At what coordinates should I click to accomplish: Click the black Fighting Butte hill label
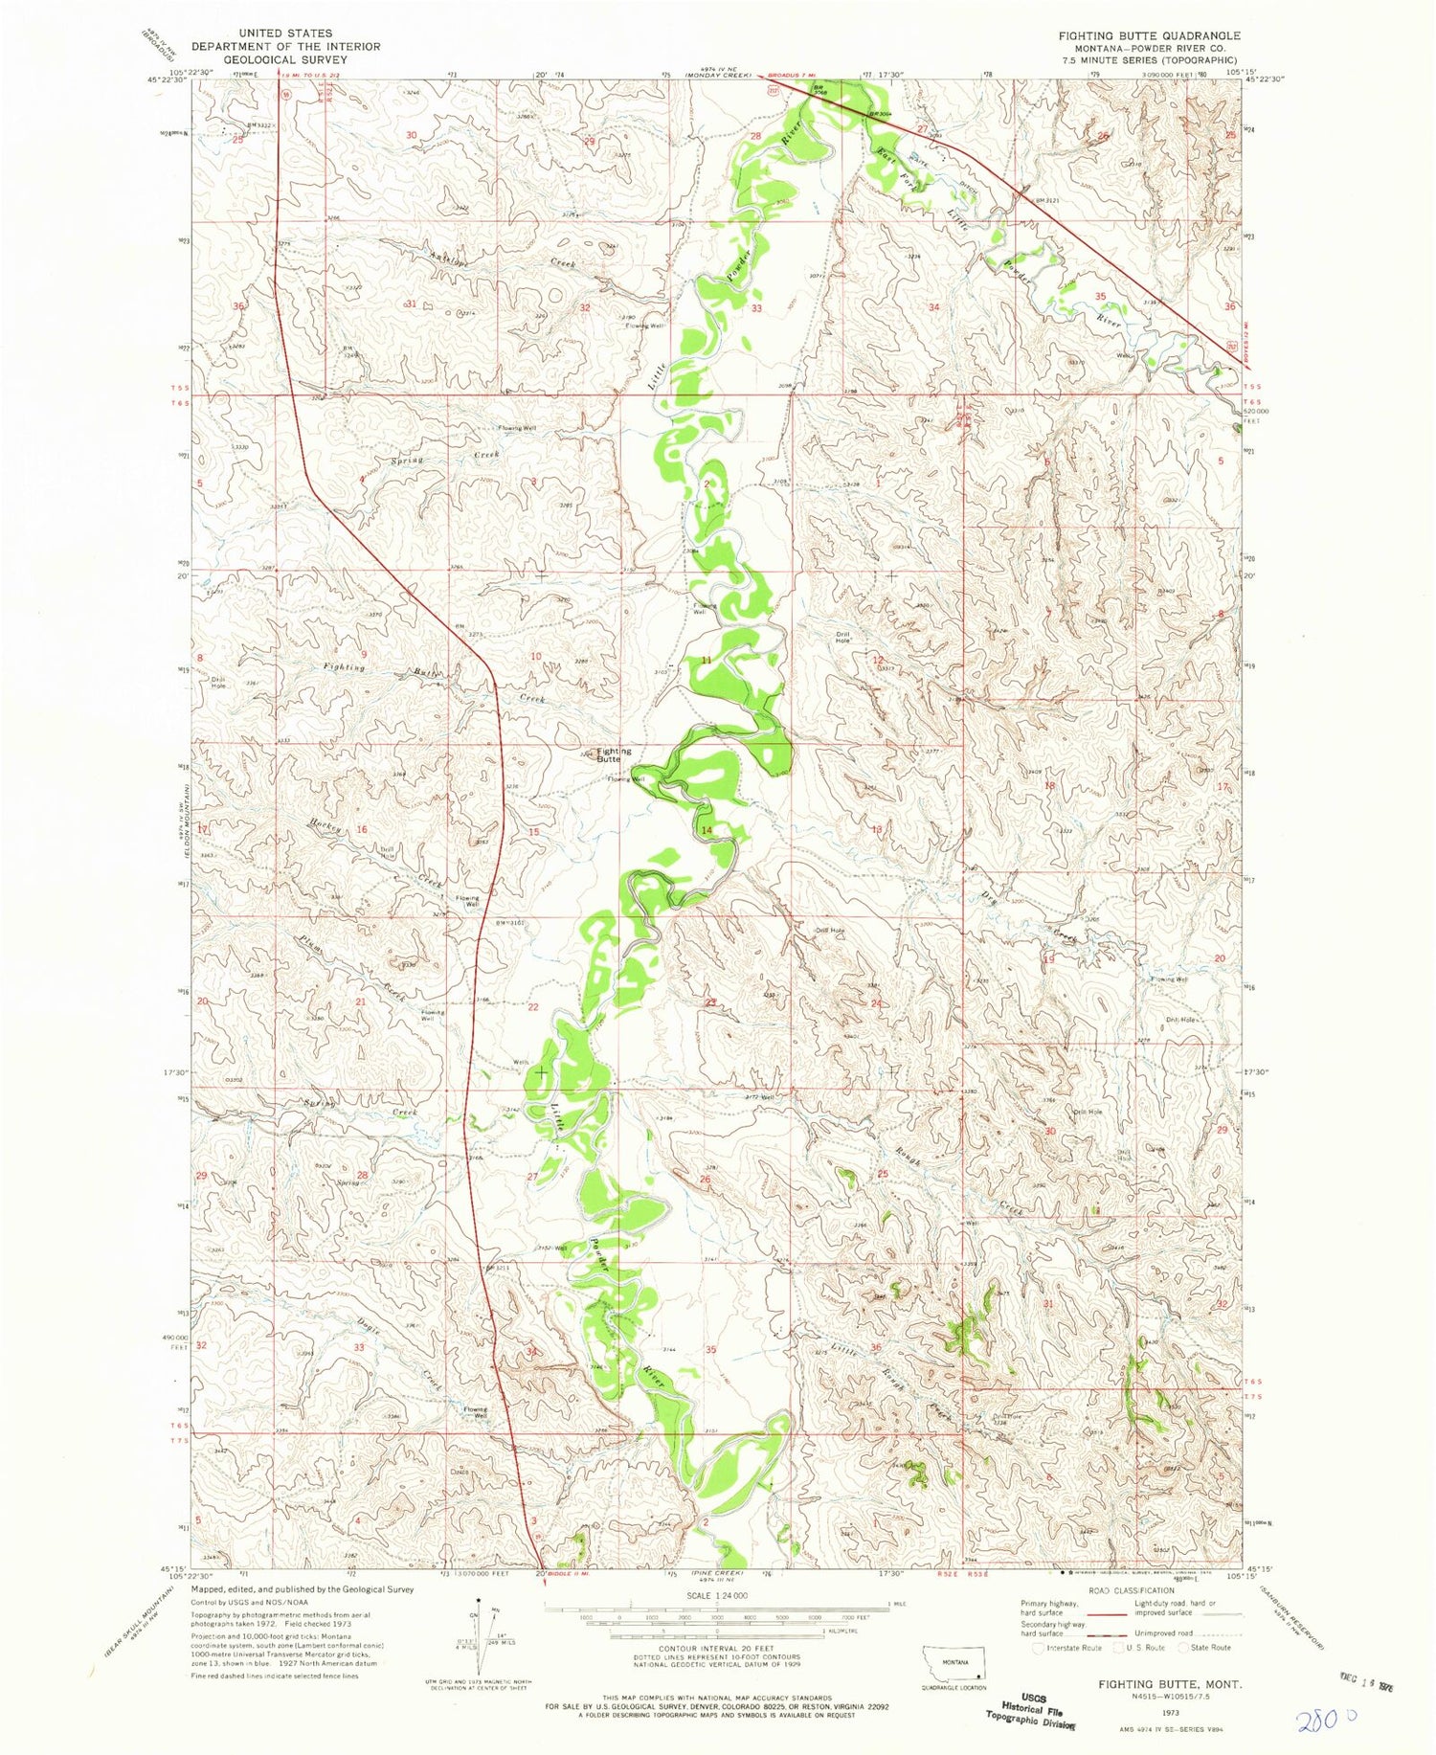(614, 755)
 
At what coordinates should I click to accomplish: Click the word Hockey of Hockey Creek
(325, 825)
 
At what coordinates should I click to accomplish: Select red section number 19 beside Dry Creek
(1048, 958)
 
